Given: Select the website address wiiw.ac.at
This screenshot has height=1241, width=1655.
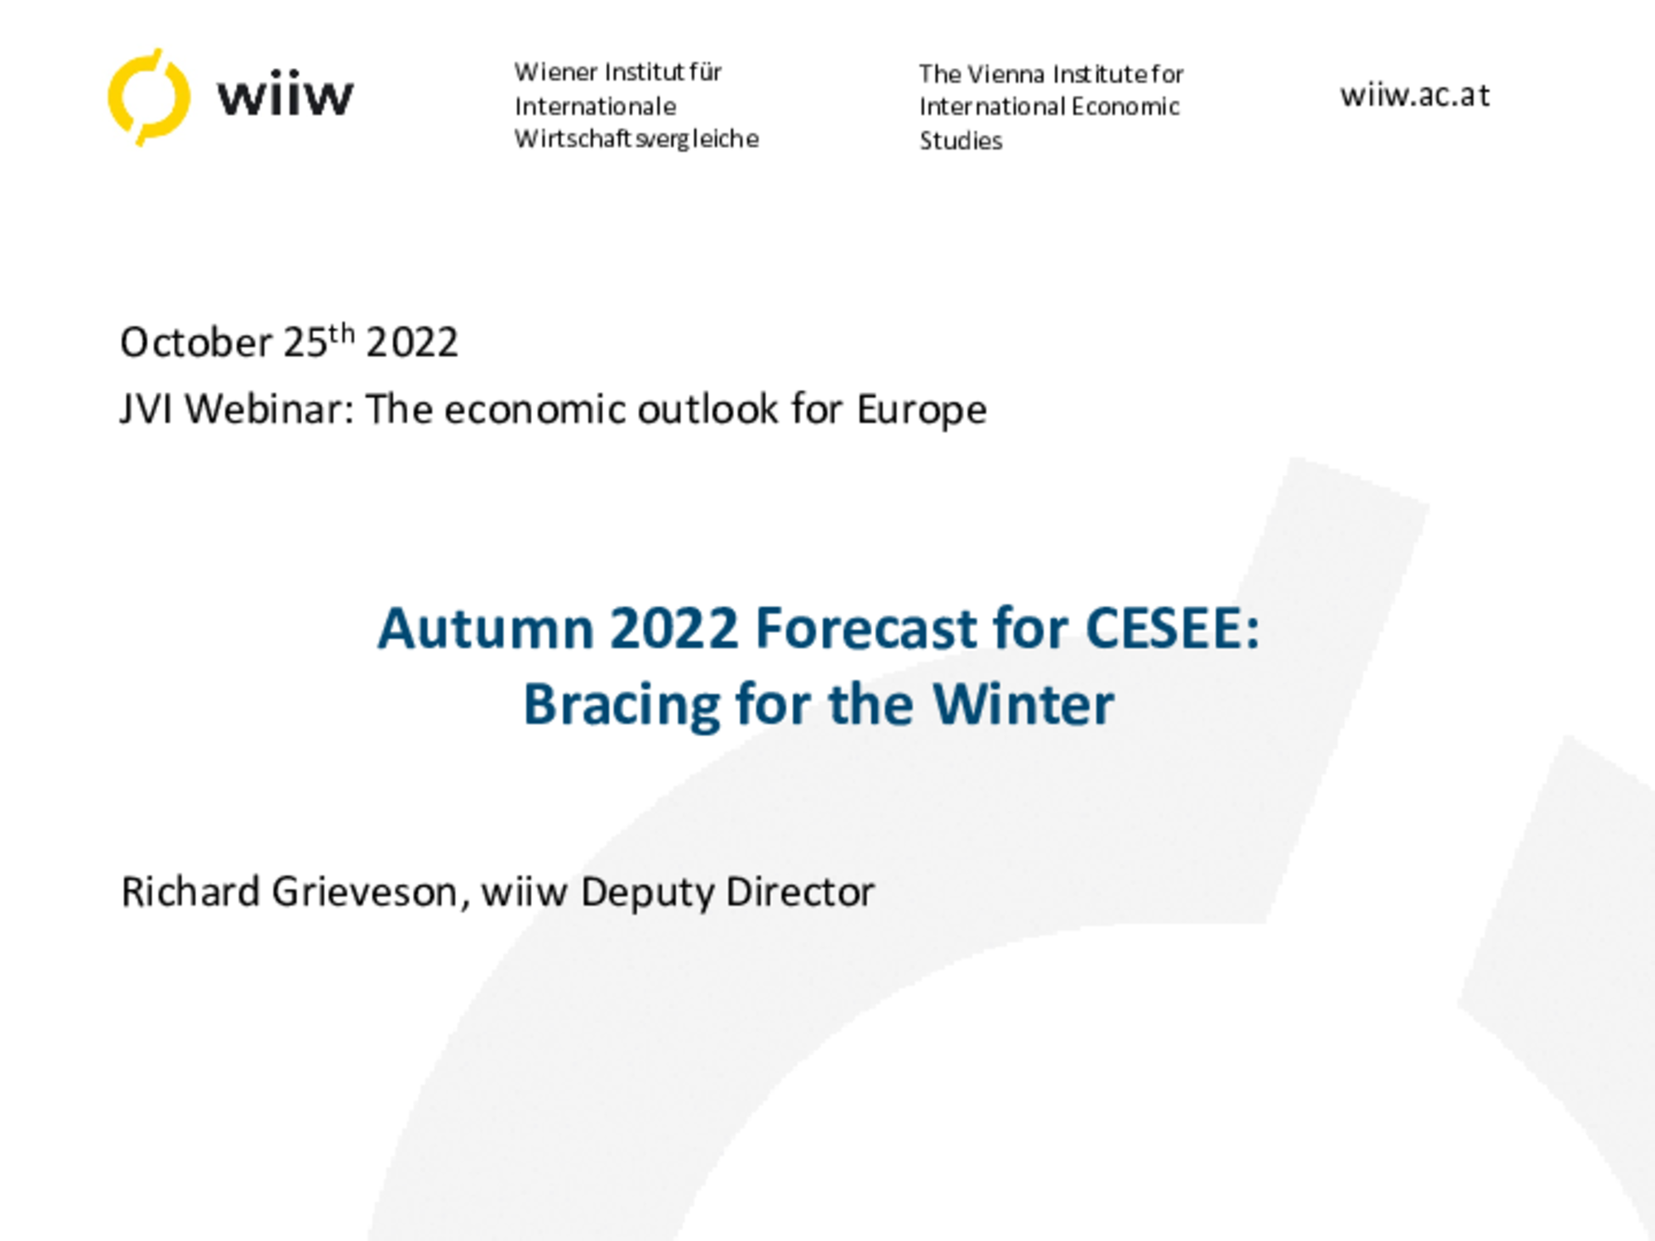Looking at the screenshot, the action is pyautogui.click(x=1415, y=95).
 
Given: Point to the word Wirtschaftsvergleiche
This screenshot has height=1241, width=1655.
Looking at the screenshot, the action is pyautogui.click(x=636, y=139).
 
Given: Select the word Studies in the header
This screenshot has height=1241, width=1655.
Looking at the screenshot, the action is pyautogui.click(x=961, y=141).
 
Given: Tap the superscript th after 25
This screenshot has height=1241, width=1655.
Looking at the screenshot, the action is pyautogui.click(x=342, y=333).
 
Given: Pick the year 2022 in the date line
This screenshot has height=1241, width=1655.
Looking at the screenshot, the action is pyautogui.click(x=412, y=343).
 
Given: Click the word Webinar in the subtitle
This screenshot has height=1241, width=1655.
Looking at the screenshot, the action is pyautogui.click(x=263, y=409).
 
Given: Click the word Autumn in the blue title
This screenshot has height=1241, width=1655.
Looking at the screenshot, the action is pyautogui.click(x=486, y=628).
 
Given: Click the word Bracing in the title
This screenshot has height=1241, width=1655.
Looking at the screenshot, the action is pyautogui.click(x=621, y=706).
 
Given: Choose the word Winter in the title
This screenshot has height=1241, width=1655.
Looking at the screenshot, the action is pyautogui.click(x=1023, y=704).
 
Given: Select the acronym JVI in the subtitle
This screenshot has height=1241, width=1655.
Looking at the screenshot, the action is pyautogui.click(x=146, y=409).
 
